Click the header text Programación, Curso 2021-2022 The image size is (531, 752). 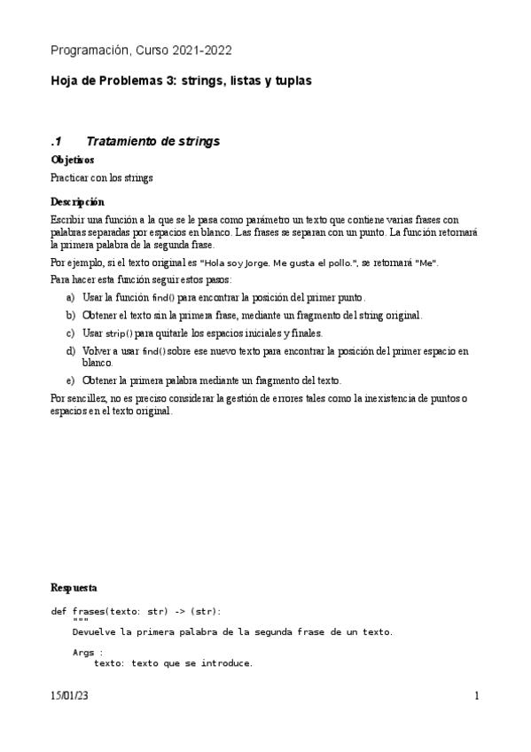(141, 51)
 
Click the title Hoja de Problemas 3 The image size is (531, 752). (113, 81)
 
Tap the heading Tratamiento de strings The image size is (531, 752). (152, 142)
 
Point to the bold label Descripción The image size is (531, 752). (76, 202)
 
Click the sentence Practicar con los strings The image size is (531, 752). (102, 177)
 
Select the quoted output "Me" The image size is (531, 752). (427, 263)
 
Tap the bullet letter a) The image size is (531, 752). (71, 297)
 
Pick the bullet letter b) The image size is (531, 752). (71, 315)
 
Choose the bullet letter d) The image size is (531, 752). (71, 351)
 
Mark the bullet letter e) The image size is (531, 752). (71, 380)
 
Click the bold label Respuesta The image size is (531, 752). (74, 588)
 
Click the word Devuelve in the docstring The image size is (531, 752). (94, 632)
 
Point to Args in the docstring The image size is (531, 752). (83, 652)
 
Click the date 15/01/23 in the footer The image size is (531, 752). (70, 697)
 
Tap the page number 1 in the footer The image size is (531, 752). (476, 697)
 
